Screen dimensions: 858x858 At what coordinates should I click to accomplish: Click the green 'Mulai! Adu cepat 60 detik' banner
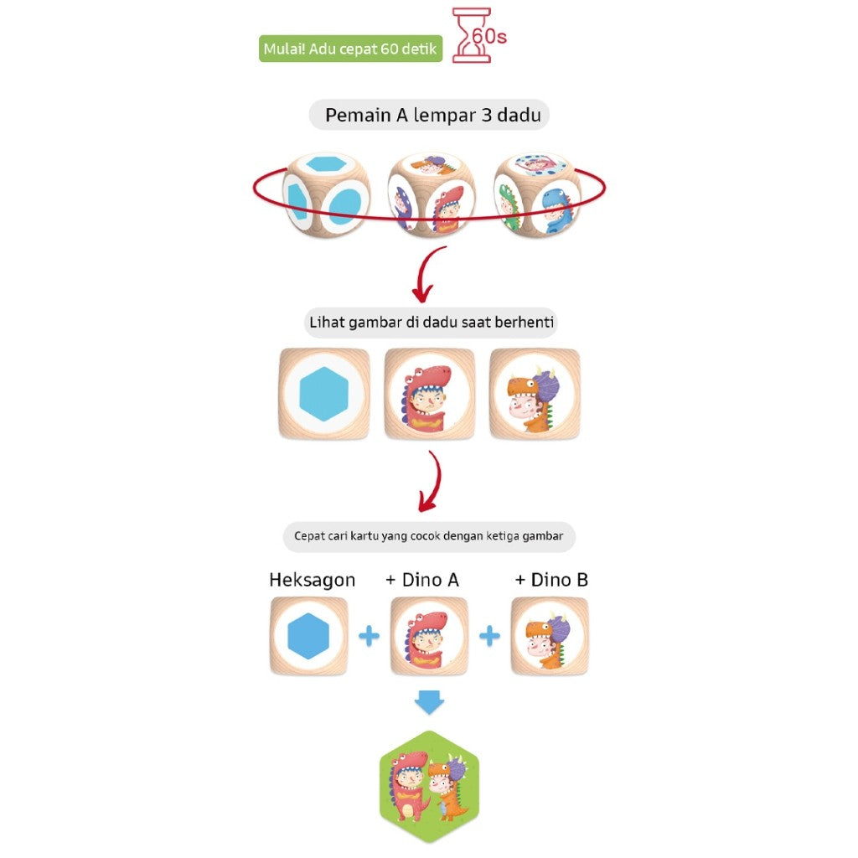point(350,49)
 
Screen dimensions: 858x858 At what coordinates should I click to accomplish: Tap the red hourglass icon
point(470,35)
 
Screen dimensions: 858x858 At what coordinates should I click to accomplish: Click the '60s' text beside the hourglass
point(489,36)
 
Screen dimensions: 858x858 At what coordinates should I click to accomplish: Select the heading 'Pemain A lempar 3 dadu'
point(433,115)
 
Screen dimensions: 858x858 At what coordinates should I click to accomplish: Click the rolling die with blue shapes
point(326,194)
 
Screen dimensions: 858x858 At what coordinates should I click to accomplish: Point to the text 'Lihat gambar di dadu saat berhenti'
point(432,322)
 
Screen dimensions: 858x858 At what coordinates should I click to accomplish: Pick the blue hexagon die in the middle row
point(324,394)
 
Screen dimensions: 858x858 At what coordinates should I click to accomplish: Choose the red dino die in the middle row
point(430,394)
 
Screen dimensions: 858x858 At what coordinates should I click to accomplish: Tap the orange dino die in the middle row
point(535,394)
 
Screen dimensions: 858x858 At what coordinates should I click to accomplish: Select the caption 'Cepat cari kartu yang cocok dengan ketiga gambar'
point(428,535)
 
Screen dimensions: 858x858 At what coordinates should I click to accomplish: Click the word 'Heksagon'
point(312,580)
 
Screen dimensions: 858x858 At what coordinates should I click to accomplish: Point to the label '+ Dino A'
point(422,580)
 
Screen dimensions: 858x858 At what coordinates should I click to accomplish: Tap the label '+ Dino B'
point(551,580)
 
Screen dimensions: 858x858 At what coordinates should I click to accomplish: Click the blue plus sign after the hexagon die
point(369,636)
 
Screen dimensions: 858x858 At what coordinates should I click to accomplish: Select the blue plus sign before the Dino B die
point(489,636)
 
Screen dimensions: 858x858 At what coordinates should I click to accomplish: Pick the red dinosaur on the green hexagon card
point(408,786)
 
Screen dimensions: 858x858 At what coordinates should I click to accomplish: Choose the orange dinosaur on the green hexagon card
point(449,788)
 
